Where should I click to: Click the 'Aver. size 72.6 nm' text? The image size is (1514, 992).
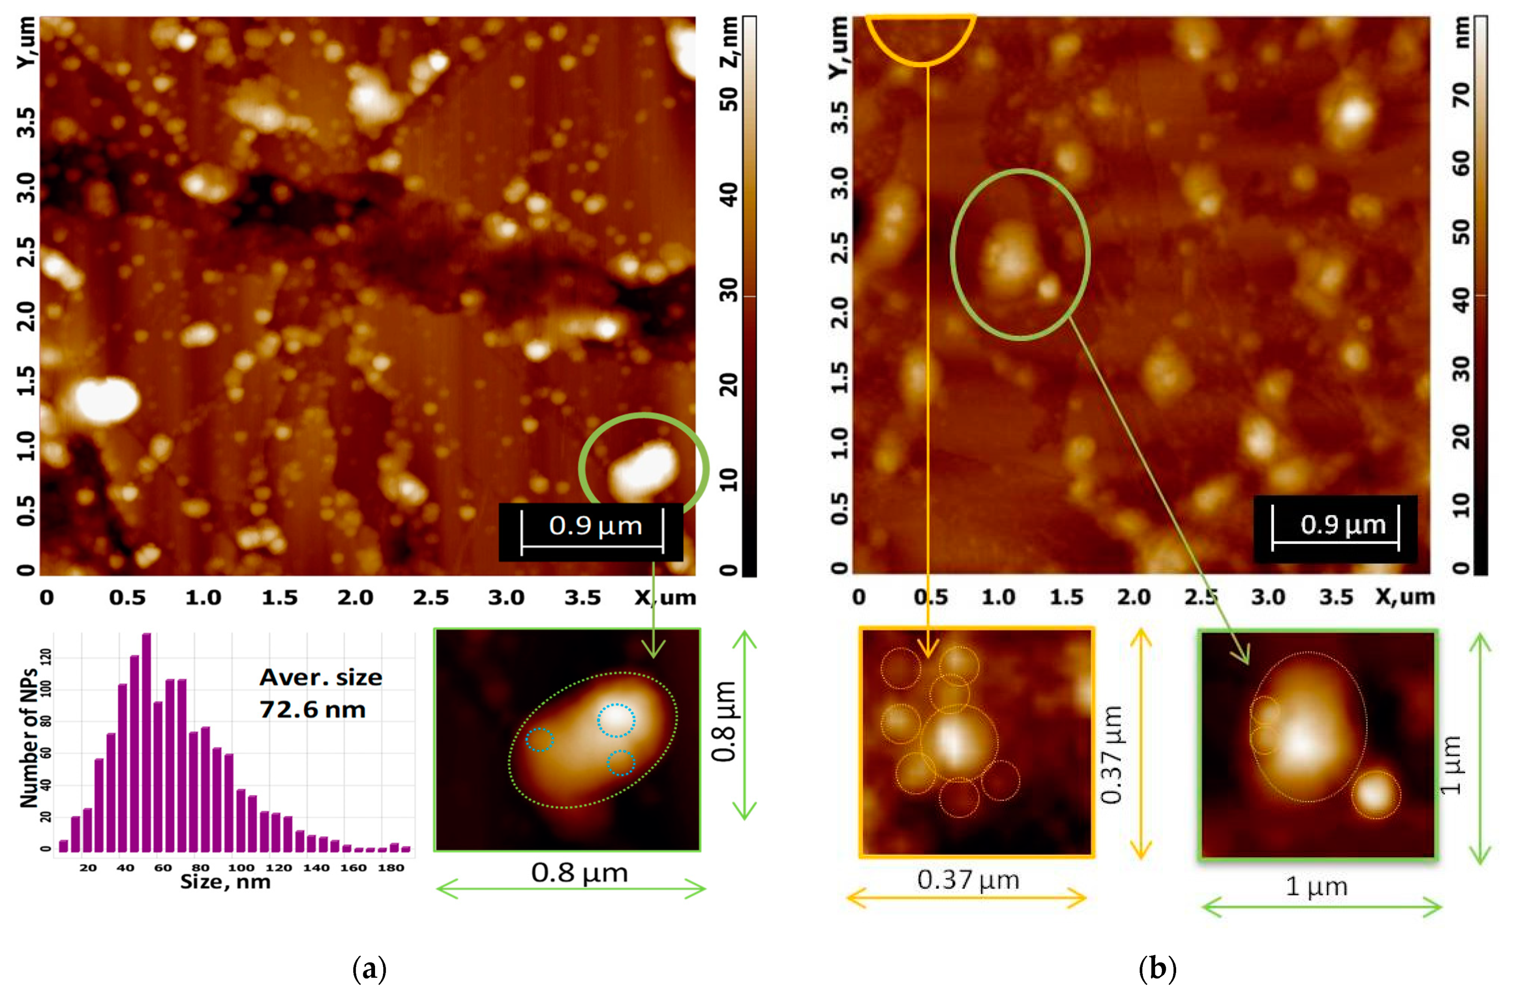click(x=321, y=693)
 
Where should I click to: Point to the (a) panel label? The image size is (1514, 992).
click(x=369, y=970)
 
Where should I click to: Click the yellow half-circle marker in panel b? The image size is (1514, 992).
click(x=920, y=38)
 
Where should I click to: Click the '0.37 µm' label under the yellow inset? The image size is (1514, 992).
click(x=968, y=880)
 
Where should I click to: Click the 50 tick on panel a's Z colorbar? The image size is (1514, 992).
click(x=729, y=98)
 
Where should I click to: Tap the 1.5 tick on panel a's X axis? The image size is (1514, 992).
click(x=279, y=598)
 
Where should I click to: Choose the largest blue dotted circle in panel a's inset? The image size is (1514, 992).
click(x=616, y=720)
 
